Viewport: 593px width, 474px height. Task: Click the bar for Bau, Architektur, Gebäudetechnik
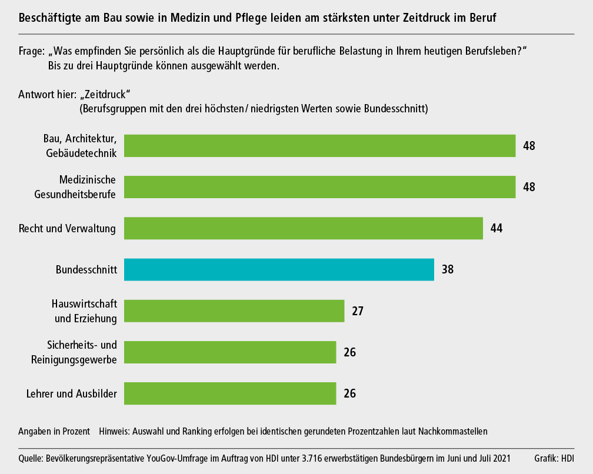point(320,146)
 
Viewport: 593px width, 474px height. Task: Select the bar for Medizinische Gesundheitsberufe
point(320,187)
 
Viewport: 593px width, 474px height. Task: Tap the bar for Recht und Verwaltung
point(304,228)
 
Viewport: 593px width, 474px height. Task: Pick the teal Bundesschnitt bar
point(279,270)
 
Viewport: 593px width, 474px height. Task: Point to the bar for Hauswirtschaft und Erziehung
point(234,311)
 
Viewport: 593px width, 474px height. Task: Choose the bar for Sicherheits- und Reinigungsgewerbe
point(230,352)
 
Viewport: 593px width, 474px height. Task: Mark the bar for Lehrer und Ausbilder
point(230,393)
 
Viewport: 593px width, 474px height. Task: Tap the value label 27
point(358,311)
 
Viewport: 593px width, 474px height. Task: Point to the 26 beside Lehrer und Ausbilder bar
point(349,393)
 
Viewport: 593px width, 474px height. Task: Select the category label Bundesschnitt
point(86,270)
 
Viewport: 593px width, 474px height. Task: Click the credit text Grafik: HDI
point(554,458)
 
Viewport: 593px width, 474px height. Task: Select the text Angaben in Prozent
point(54,431)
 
